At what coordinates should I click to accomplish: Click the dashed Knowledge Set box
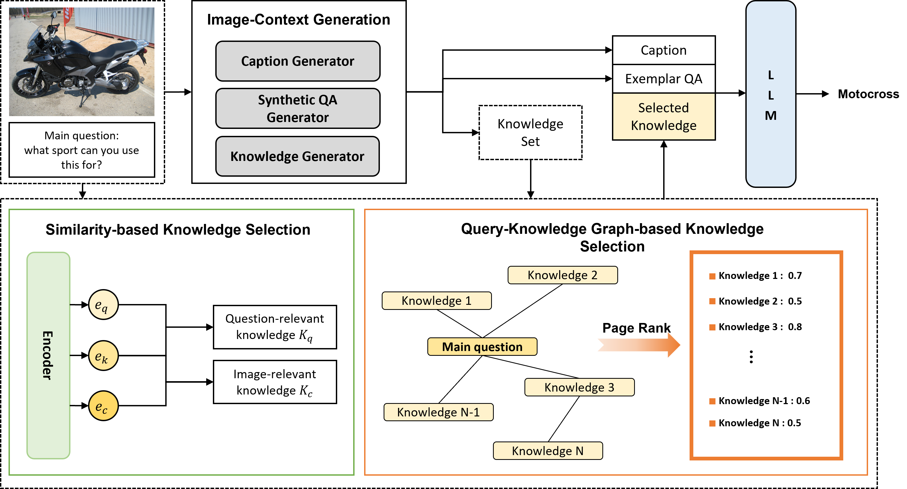point(530,132)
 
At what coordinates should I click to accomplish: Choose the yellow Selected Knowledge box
point(664,117)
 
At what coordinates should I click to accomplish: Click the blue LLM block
point(771,94)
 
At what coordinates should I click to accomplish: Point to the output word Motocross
point(868,94)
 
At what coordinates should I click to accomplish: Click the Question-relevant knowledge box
point(275,327)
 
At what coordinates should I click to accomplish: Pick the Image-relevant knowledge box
point(275,382)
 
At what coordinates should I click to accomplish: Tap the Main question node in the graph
point(482,347)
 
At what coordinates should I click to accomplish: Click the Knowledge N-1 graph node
point(438,412)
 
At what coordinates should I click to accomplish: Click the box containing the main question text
point(82,150)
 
